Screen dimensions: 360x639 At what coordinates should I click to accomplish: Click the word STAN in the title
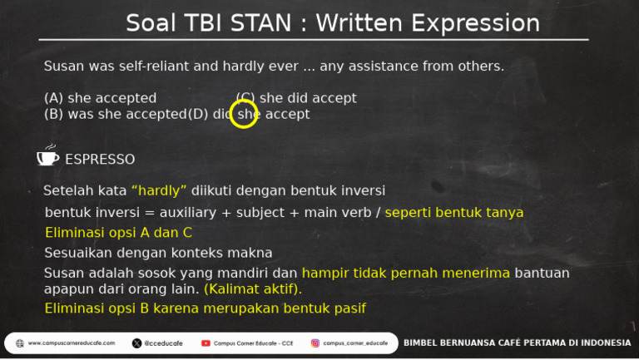(x=259, y=23)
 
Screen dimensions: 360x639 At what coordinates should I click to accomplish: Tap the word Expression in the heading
(x=470, y=23)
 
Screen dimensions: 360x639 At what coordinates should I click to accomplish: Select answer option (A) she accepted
(x=100, y=98)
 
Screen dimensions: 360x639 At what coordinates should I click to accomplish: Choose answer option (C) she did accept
(x=296, y=98)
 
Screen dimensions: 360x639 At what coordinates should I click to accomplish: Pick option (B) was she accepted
(x=114, y=114)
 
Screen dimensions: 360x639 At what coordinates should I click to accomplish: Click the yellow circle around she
(x=244, y=114)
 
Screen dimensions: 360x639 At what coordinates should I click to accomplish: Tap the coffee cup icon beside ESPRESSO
(x=47, y=157)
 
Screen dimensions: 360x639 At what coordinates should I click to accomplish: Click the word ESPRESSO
(x=100, y=159)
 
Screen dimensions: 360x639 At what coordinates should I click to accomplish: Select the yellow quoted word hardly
(x=159, y=190)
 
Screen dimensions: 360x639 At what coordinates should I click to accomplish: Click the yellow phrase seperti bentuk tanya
(x=454, y=213)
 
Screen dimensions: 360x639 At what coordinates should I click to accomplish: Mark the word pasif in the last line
(x=348, y=308)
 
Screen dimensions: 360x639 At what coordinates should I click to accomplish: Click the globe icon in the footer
(x=19, y=343)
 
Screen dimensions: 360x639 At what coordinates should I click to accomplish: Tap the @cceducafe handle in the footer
(x=161, y=343)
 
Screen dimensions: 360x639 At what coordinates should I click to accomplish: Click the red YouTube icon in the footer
(x=206, y=343)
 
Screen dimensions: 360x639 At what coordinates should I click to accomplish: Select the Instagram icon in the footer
(x=315, y=343)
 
